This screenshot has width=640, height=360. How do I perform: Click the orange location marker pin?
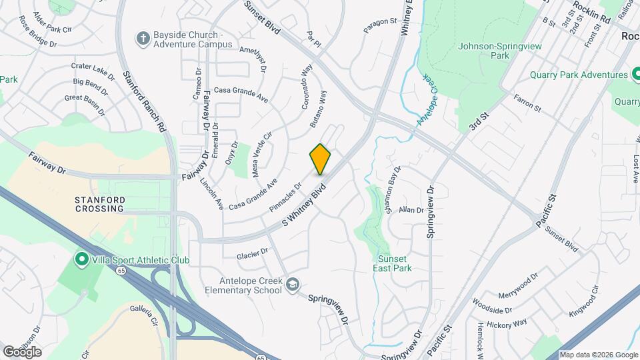(x=320, y=159)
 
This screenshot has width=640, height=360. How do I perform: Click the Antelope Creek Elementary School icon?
(x=291, y=285)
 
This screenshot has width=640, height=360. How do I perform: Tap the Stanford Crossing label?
(x=99, y=203)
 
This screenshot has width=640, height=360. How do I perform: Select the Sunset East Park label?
(x=394, y=263)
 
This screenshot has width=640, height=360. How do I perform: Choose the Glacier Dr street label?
(x=252, y=254)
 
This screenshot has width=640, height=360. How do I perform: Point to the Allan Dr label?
(x=411, y=210)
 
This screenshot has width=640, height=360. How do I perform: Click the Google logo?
(x=22, y=351)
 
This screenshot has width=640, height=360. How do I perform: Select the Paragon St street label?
(x=380, y=26)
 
